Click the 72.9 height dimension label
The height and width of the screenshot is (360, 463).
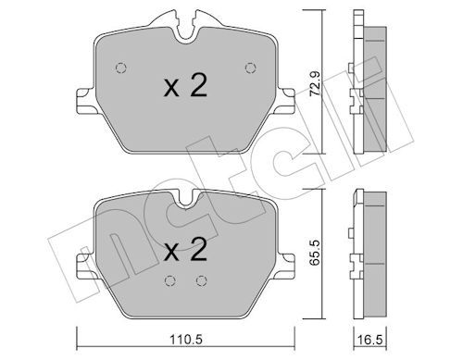pos(316,83)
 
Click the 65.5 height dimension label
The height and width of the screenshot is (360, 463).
pos(316,253)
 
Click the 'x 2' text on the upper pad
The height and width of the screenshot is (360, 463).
pos(185,86)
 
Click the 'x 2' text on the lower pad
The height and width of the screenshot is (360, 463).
pos(185,250)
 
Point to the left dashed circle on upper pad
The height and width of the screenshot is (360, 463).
pos(121,68)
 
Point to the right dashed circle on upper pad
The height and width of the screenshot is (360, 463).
pos(251,68)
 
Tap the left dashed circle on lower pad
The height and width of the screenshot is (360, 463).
pos(170,280)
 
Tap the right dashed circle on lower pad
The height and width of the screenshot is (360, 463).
pos(202,280)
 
